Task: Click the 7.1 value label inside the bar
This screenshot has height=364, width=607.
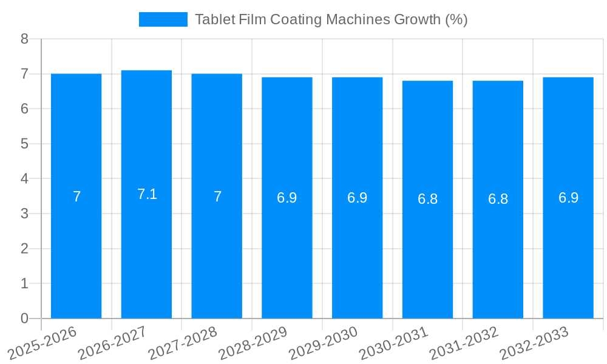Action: click(x=147, y=194)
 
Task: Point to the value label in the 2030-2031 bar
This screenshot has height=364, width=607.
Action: click(x=427, y=199)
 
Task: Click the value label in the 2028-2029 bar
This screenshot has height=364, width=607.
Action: click(x=287, y=198)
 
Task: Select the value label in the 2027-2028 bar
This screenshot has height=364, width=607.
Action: click(x=217, y=197)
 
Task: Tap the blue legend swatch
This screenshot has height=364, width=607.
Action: click(x=163, y=19)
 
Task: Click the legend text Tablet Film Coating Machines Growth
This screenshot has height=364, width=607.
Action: click(x=331, y=19)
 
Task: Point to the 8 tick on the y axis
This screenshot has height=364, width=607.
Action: click(x=25, y=39)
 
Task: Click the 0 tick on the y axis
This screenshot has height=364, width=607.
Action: click(x=25, y=318)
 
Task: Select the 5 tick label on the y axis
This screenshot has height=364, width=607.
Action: click(x=25, y=144)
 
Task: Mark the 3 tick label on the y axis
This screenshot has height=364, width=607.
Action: click(x=25, y=214)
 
